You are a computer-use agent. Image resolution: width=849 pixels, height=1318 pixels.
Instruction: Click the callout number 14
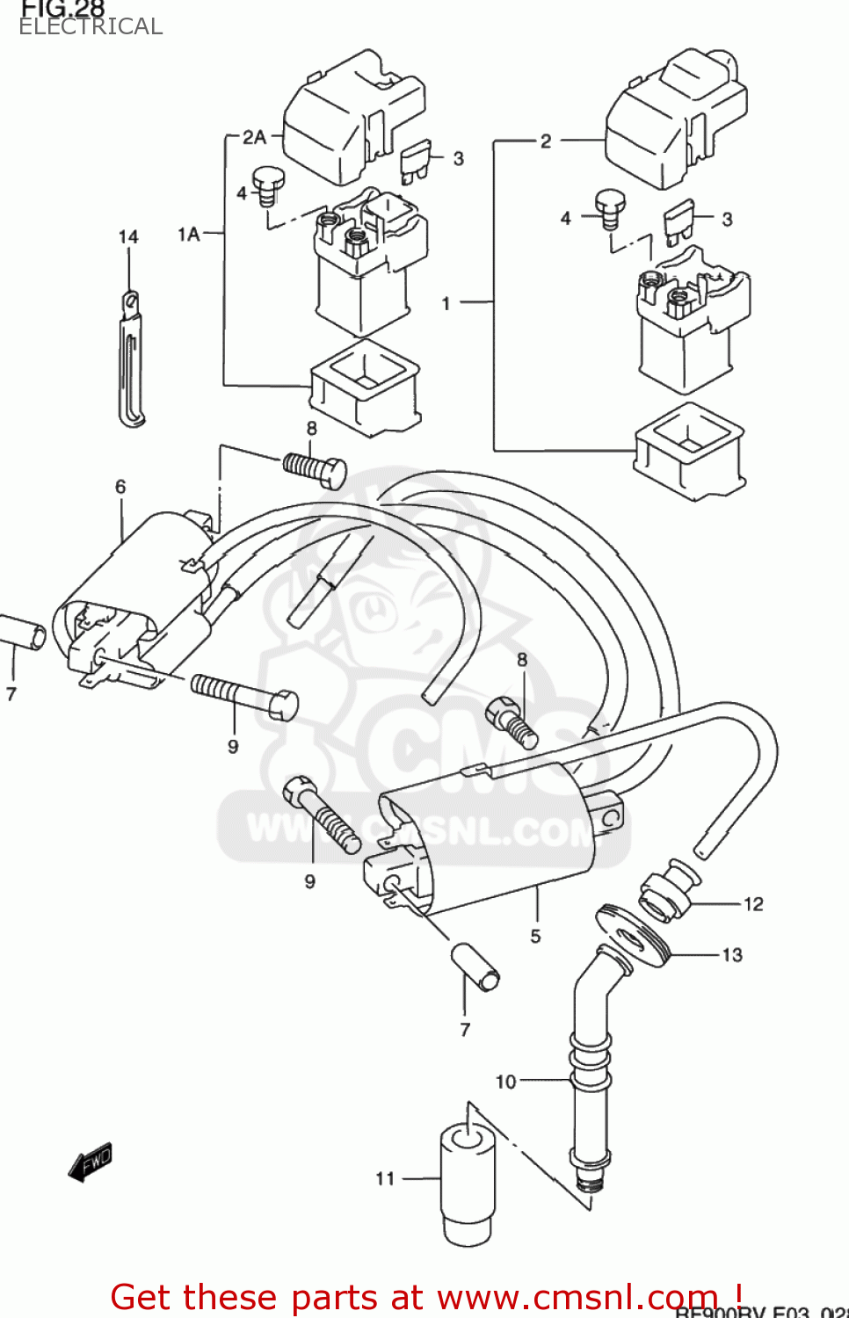click(128, 237)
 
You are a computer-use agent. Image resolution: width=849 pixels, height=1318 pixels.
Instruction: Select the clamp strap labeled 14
click(131, 360)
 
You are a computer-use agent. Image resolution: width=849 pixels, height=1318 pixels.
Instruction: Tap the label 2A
click(254, 137)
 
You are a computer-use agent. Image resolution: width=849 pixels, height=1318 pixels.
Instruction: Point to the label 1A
click(189, 234)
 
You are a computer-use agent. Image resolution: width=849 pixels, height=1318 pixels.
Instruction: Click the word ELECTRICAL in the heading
click(91, 27)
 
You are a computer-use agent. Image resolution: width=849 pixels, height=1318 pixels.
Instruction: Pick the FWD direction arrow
click(91, 1162)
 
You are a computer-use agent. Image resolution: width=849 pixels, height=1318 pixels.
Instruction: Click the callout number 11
click(385, 1178)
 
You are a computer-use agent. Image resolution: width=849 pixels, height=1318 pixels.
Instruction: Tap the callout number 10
click(506, 1082)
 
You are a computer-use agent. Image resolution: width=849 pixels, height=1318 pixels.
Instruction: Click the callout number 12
click(753, 904)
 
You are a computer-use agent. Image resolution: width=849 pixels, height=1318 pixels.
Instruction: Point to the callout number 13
click(732, 955)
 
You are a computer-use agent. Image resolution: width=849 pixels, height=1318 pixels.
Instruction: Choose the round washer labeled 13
click(633, 937)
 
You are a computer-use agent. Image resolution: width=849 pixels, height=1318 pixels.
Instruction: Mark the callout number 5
click(535, 936)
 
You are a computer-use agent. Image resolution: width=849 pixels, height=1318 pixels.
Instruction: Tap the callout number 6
click(120, 487)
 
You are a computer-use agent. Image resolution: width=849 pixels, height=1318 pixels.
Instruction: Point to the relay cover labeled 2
click(674, 119)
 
